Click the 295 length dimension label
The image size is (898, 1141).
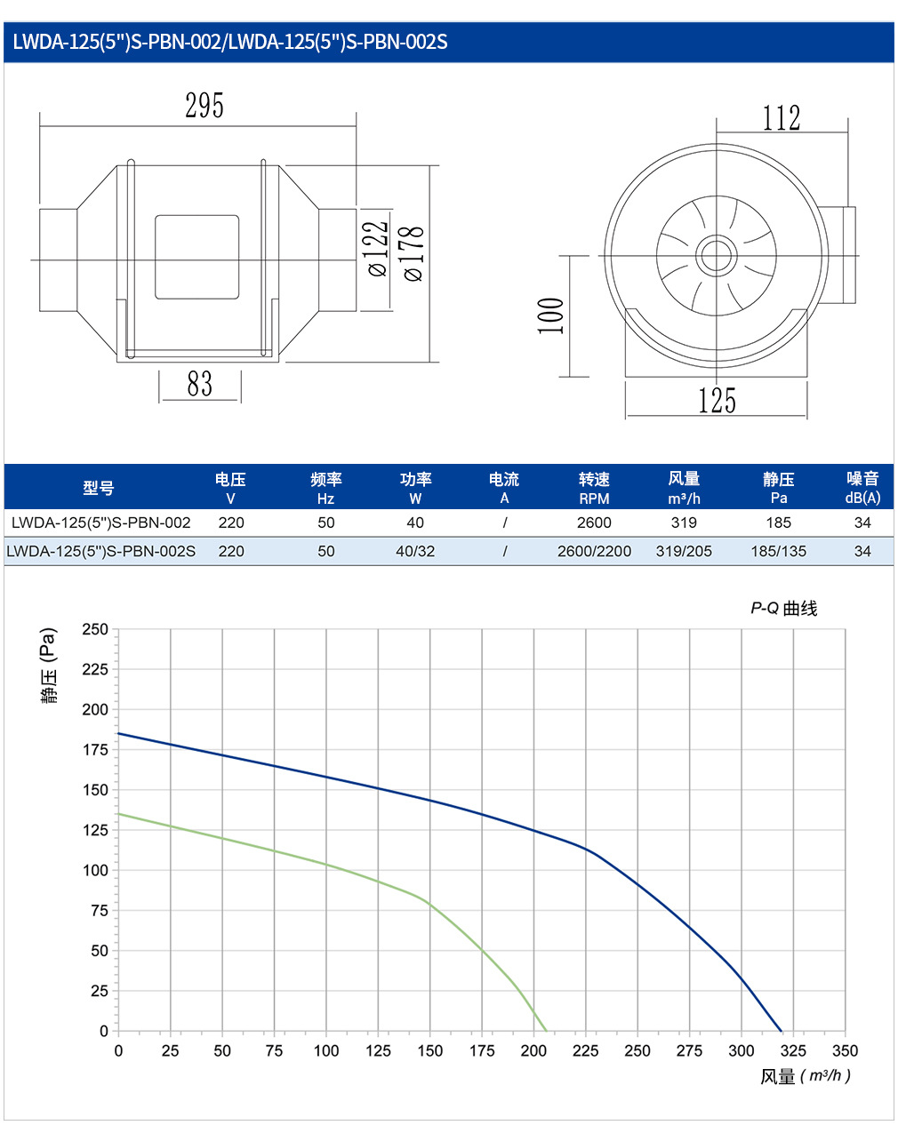click(204, 105)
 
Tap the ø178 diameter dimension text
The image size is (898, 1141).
click(413, 253)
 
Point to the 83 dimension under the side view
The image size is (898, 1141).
click(199, 384)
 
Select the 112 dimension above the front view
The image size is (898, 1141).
click(781, 117)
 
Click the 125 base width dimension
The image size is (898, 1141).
click(717, 400)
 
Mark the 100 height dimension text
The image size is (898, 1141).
click(550, 316)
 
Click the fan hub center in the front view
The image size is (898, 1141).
click(716, 256)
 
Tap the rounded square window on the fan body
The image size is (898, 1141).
click(196, 257)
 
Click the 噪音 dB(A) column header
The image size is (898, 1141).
click(862, 488)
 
